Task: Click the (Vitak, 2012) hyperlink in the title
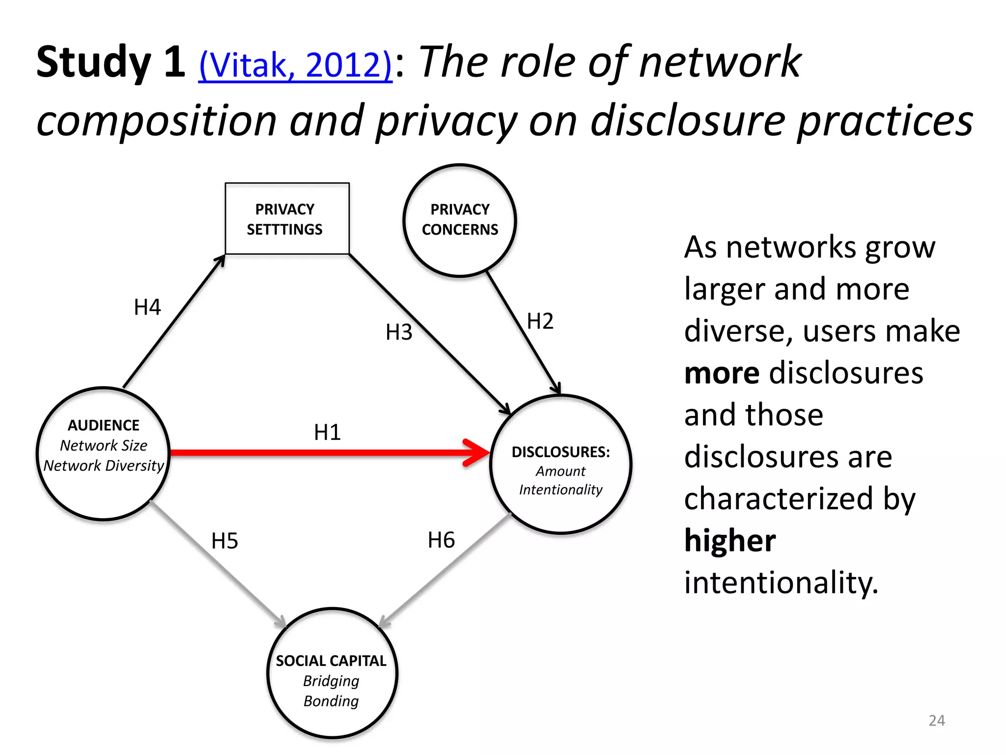point(295,65)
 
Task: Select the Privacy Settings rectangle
point(287,219)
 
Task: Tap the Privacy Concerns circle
point(460,220)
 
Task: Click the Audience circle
point(104,453)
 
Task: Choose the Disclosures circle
point(560,464)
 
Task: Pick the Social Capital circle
point(332,673)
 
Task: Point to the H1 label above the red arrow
point(327,433)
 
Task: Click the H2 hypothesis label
point(540,321)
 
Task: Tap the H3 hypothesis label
point(399,332)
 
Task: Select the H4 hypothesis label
point(147,307)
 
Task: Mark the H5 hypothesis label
point(224,541)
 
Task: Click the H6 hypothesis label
point(441,540)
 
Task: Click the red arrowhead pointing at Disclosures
point(475,452)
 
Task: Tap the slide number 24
point(937,721)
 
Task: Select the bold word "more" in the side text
point(722,373)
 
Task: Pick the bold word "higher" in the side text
point(730,541)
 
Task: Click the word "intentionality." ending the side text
point(781,583)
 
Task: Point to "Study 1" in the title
point(111,62)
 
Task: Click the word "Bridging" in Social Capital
point(331,681)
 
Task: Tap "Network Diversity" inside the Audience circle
point(104,465)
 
